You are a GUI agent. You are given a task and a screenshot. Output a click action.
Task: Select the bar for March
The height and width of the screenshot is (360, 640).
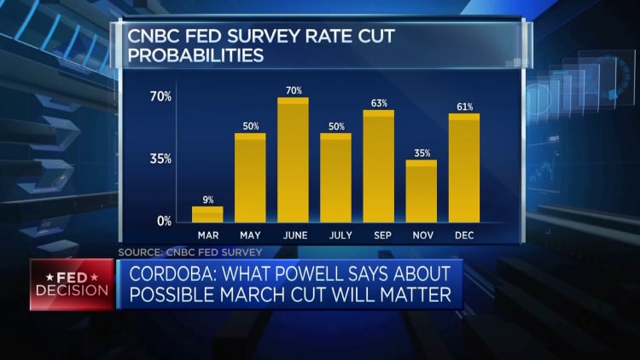coord(207,214)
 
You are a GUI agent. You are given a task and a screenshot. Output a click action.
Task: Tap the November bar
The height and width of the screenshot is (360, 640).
coord(421,191)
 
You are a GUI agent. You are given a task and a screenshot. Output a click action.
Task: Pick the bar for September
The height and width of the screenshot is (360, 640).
coord(378,166)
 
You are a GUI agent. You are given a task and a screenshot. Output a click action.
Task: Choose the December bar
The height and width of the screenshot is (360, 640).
coord(464,168)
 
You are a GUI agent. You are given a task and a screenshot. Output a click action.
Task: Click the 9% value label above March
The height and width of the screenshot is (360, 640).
coord(207,200)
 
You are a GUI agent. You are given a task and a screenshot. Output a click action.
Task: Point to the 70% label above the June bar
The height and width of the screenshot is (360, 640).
coord(293,90)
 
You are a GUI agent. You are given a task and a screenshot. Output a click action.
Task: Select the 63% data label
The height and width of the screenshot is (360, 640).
coord(378,103)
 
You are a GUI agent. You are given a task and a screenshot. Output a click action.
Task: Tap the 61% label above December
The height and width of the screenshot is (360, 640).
coord(464,107)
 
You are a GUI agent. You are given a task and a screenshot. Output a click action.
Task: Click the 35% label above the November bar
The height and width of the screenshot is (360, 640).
coord(421,154)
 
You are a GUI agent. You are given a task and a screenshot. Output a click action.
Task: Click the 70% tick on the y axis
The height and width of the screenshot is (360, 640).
coord(160,96)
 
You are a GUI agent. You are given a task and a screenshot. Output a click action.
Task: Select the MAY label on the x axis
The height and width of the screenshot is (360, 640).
coord(250,235)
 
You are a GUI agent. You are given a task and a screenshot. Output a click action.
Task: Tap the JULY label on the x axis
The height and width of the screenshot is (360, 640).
coord(335,235)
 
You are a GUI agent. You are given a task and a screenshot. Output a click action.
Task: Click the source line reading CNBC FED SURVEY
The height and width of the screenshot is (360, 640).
coord(189,252)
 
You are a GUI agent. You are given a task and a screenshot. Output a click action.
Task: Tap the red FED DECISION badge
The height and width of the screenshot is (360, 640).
coord(72,284)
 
